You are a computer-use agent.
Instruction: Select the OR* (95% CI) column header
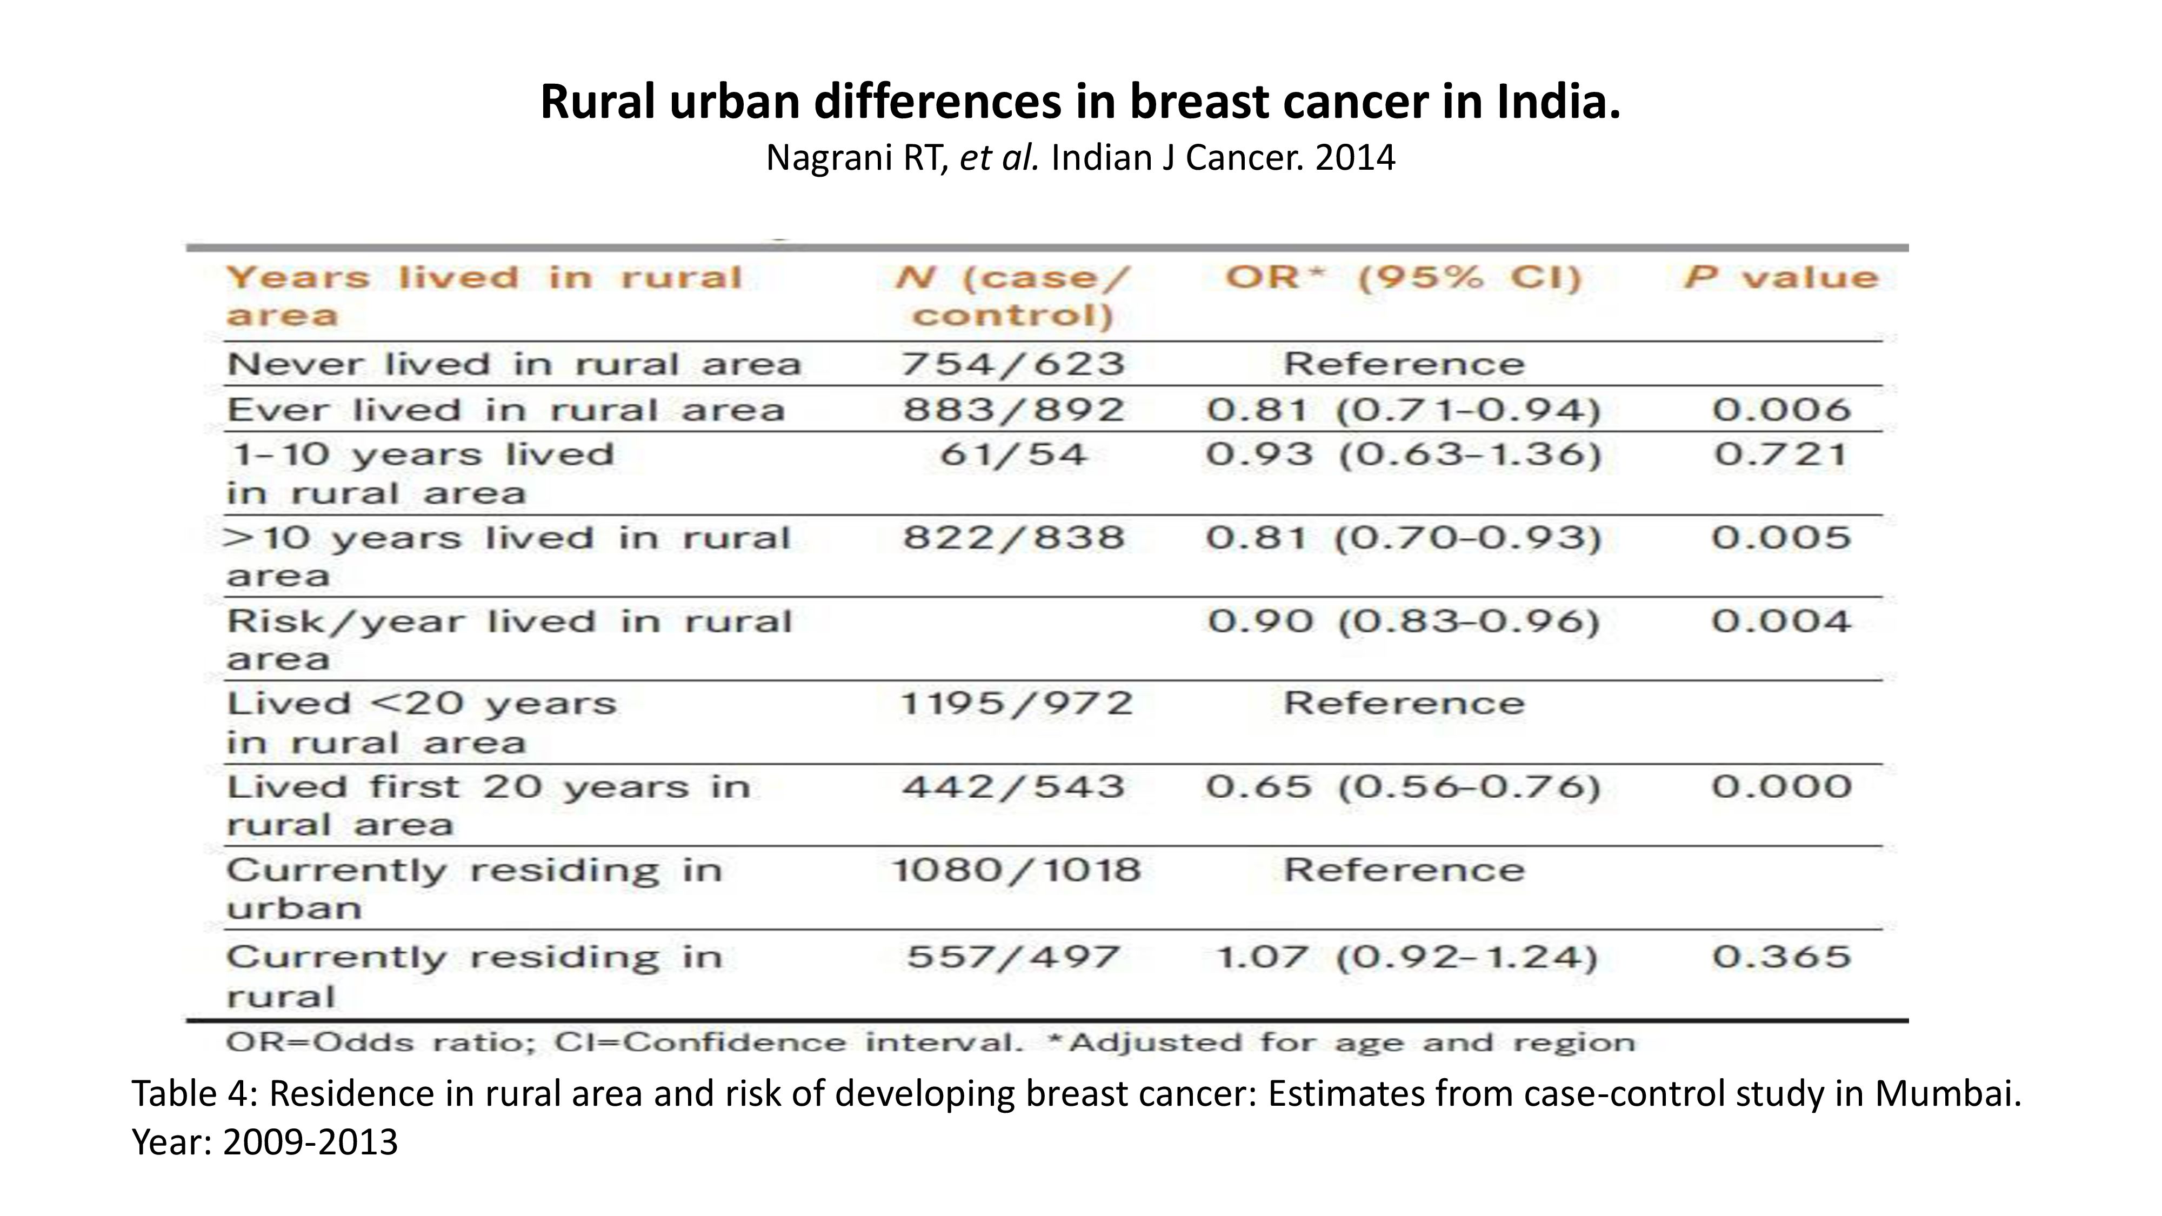click(1403, 278)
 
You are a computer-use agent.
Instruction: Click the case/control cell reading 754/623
click(1013, 364)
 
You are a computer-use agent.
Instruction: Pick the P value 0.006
click(1781, 410)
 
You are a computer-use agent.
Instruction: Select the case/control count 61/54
click(1013, 455)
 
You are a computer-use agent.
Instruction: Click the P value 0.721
click(1781, 455)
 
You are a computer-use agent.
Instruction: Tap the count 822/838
click(1013, 538)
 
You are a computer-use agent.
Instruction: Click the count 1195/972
click(1016, 703)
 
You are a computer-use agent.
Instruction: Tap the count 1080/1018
click(1016, 870)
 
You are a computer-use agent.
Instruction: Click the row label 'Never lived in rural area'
click(513, 364)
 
